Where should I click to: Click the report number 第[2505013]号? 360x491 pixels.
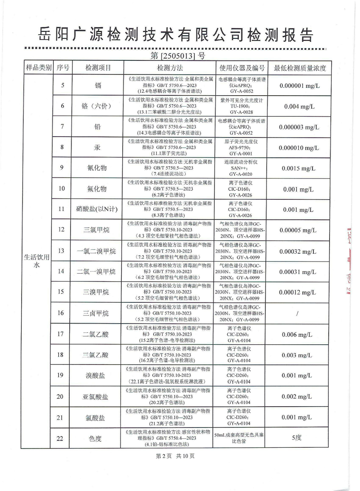[177, 56]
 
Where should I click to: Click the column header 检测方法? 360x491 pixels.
[170, 68]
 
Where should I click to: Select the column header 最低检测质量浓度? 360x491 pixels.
[300, 68]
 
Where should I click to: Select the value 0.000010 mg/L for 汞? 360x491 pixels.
[300, 148]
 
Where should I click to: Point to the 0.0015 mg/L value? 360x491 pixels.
[300, 168]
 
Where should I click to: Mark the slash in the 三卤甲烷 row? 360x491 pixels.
[300, 313]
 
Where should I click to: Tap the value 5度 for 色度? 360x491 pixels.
[300, 438]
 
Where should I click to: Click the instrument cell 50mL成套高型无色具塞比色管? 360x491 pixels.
[241, 438]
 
